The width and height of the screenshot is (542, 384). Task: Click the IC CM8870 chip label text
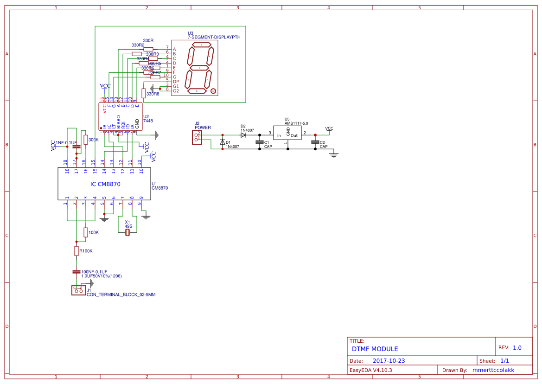pos(105,184)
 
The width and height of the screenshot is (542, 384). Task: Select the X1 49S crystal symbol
pos(128,233)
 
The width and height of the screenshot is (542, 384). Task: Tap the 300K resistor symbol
pos(85,140)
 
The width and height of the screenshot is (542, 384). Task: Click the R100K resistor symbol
pos(77,251)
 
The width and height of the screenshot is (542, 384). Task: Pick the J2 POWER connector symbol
pos(197,137)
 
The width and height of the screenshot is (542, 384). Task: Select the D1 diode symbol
pos(223,142)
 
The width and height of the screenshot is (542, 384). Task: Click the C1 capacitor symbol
pos(259,142)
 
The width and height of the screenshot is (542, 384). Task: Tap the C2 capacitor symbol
pos(315,142)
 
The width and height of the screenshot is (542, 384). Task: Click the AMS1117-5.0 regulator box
pos(287,133)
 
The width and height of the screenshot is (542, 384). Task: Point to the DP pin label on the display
pos(176,82)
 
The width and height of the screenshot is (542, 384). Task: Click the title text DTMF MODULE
pos(375,349)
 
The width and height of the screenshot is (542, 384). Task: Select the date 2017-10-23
pos(389,360)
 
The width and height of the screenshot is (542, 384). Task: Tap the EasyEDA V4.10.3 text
pos(370,370)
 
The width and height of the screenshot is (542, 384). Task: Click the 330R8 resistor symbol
pos(144,93)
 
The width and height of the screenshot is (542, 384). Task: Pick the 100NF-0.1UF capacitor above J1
pos(77,272)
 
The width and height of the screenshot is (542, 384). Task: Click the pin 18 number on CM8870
pos(67,162)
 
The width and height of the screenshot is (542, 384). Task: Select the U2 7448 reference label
pos(148,119)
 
